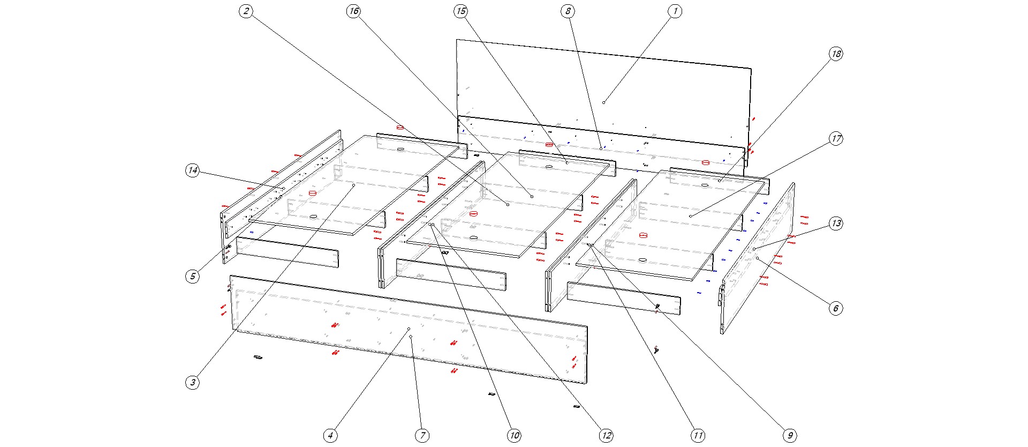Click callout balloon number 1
pos(675,11)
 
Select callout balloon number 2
pos(246,11)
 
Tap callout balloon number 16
pos(353,11)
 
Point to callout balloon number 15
pos(460,11)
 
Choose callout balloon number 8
pos(568,11)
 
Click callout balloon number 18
pos(836,54)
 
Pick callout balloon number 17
pos(836,139)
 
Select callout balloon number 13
pos(836,223)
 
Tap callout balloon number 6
pos(836,308)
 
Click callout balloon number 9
pos(790,436)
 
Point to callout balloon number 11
pos(698,436)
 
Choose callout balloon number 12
pos(606,436)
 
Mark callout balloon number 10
pos(514,436)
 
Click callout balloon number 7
pos(422,436)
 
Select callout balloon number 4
pos(330,436)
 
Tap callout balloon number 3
pos(193,383)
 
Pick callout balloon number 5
pos(193,277)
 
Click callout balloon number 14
pos(193,171)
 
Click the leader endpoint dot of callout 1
pos(603,102)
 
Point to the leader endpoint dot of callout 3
pos(354,185)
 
